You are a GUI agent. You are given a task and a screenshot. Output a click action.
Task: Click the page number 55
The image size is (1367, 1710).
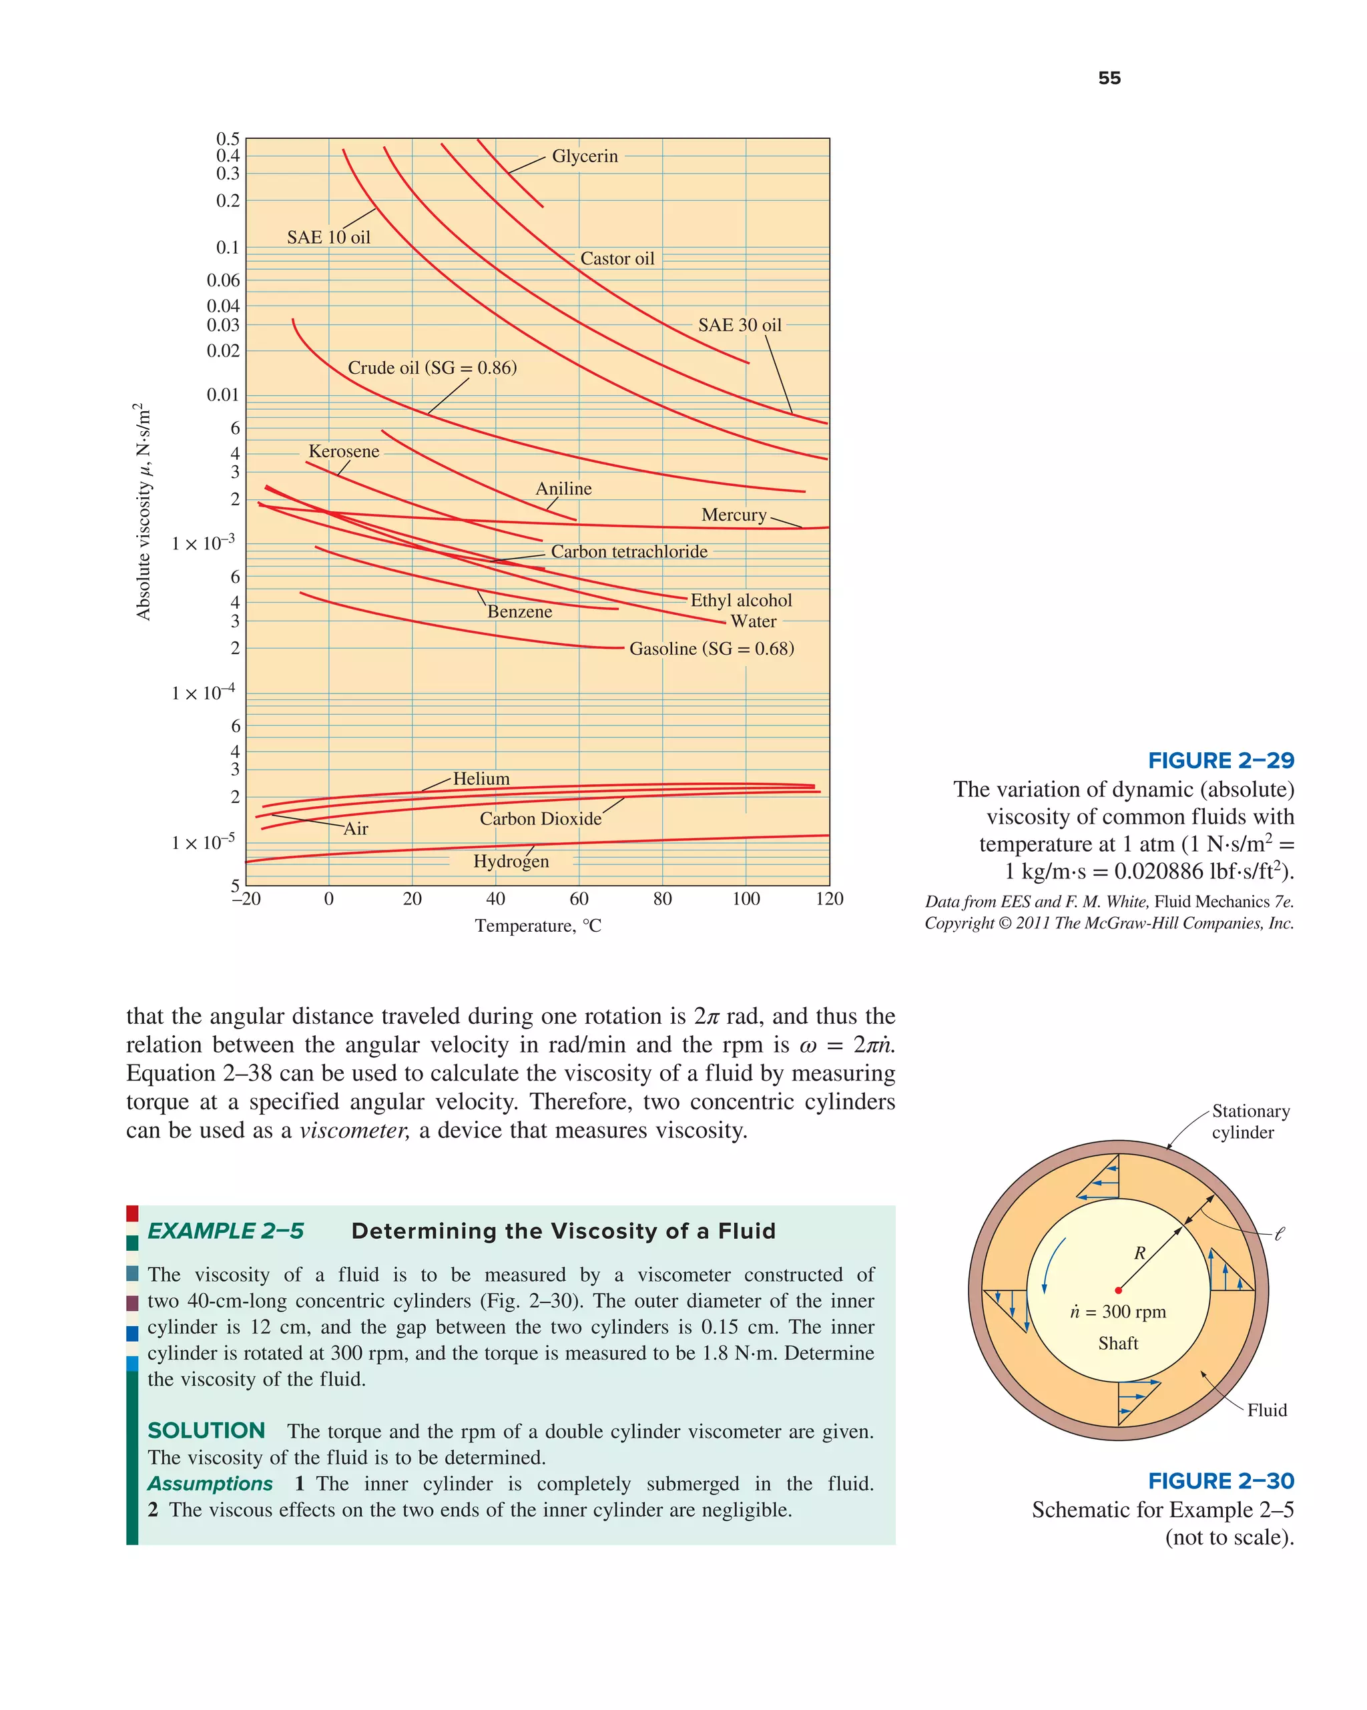click(1109, 77)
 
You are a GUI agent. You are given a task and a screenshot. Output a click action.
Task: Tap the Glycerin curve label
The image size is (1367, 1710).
click(584, 156)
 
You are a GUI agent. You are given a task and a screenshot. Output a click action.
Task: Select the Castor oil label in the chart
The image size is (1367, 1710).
click(617, 258)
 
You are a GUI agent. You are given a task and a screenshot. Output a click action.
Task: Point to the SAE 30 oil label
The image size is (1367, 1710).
click(739, 325)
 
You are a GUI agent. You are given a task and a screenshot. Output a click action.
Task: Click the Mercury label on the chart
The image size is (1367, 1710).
click(733, 515)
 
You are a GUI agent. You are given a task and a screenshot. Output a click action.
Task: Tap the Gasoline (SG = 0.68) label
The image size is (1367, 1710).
click(711, 649)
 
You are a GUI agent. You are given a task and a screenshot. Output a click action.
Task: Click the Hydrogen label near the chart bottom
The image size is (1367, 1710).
click(510, 862)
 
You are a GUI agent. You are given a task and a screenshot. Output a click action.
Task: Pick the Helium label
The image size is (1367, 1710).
click(481, 779)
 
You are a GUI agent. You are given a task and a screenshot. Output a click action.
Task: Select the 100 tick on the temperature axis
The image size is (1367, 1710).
click(745, 898)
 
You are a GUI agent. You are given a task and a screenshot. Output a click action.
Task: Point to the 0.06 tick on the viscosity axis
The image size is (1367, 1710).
click(223, 280)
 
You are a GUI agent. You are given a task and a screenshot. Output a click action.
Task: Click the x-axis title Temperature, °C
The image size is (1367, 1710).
click(538, 926)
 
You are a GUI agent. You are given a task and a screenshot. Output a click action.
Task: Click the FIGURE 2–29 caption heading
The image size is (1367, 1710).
click(1220, 761)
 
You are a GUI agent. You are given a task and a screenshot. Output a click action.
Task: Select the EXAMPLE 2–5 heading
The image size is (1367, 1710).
click(226, 1230)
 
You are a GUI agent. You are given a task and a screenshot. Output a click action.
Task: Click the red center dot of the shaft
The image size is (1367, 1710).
click(1118, 1290)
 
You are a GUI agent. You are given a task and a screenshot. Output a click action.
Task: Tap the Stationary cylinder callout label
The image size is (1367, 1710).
click(1250, 1121)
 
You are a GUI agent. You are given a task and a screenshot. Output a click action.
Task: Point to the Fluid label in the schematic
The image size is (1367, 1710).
click(1266, 1410)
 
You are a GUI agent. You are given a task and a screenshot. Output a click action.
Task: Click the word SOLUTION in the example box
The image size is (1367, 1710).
click(206, 1430)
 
